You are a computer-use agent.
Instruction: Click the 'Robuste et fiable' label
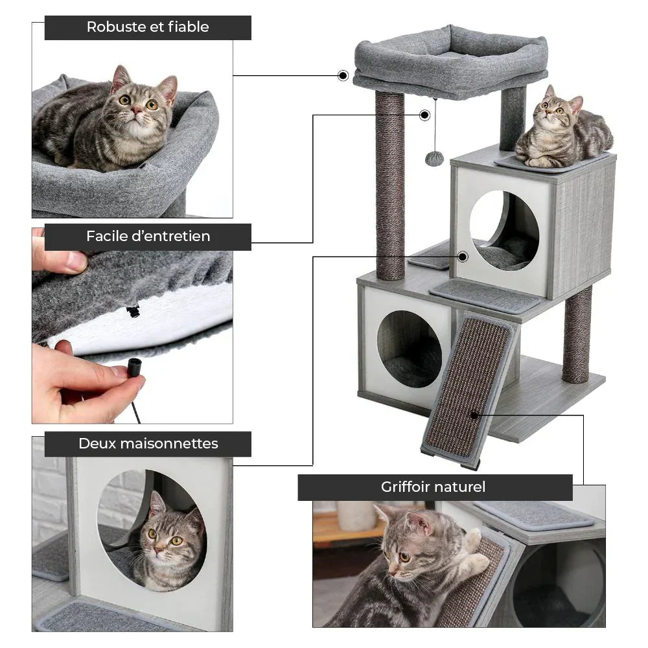[148, 27]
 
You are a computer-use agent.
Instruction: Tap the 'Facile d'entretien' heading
[148, 237]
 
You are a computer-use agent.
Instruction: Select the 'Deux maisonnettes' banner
[148, 444]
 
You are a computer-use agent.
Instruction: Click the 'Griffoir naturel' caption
[434, 487]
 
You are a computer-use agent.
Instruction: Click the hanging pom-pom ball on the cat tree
[434, 158]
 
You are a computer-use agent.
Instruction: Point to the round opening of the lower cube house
[409, 348]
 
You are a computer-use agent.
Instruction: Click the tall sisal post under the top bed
[389, 185]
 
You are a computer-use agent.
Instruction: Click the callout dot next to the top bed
[343, 76]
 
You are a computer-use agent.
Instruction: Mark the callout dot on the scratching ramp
[475, 415]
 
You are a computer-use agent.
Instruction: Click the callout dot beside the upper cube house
[462, 257]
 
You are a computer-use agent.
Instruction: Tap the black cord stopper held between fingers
[134, 367]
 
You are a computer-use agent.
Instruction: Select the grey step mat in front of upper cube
[485, 295]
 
